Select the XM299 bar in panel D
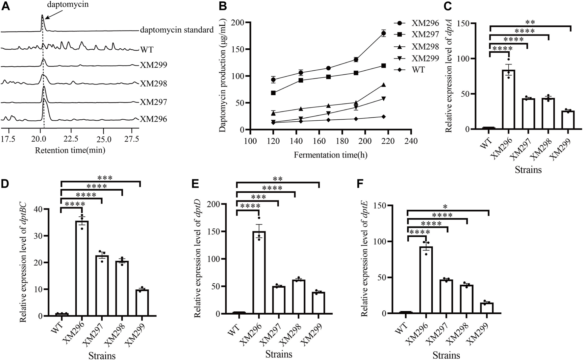tap(142, 303)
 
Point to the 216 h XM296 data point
tap(383, 33)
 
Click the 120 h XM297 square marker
tap(273, 93)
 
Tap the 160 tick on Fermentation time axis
tap(319, 141)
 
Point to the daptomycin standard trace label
tap(177, 30)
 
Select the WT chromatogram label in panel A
tap(147, 50)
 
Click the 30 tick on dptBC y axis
tap(44, 236)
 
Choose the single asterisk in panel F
tap(445, 207)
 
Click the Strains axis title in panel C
tap(528, 170)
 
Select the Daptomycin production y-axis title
tap(222, 76)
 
